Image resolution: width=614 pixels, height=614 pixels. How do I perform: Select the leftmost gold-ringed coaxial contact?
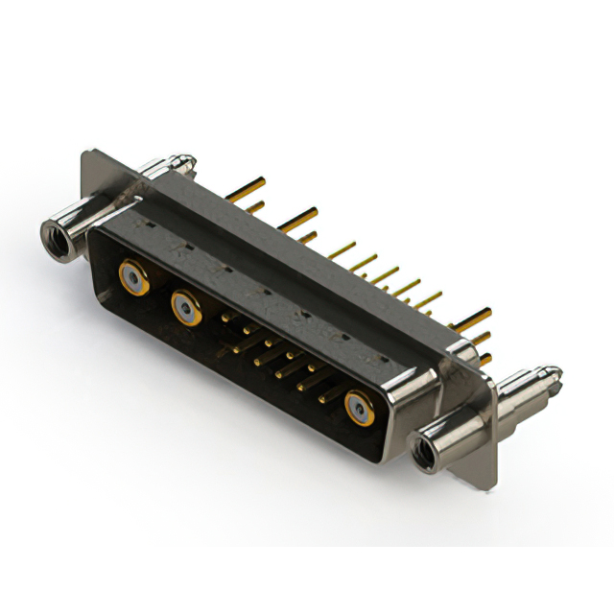click(132, 278)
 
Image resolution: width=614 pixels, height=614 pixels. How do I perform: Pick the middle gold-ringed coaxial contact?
click(185, 308)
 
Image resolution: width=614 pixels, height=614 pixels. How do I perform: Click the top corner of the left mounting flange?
click(89, 153)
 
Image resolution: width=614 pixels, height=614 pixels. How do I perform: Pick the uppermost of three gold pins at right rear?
click(475, 315)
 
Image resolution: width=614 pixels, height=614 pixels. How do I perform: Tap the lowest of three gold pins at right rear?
click(484, 359)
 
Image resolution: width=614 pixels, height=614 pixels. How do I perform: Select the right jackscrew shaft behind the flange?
click(518, 389)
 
